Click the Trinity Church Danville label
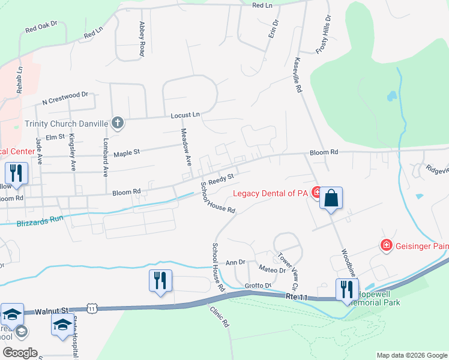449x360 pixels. pyautogui.click(x=66, y=124)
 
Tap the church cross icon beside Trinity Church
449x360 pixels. pyautogui.click(x=118, y=124)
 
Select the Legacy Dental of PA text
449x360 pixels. pyautogui.click(x=271, y=193)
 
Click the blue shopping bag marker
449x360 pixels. pyautogui.click(x=331, y=197)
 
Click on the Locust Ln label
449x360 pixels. pyautogui.click(x=185, y=115)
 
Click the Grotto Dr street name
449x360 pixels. pyautogui.click(x=259, y=285)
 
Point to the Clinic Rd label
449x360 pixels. pyautogui.click(x=220, y=316)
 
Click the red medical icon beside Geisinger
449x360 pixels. pyautogui.click(x=386, y=245)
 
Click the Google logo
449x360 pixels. pyautogui.click(x=20, y=353)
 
